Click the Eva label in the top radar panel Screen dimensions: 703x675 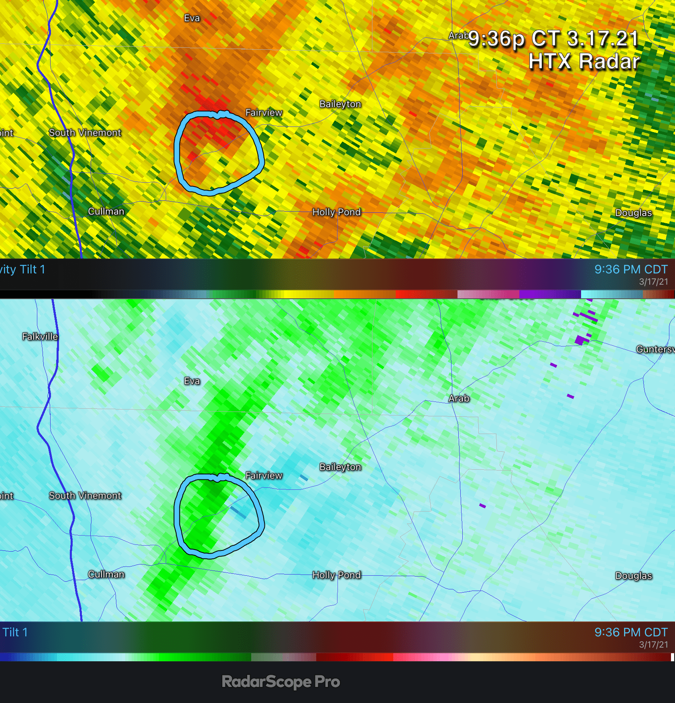point(192,18)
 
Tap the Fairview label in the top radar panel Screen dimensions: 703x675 point(264,112)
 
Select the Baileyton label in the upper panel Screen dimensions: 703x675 point(340,104)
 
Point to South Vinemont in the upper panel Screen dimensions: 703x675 point(85,132)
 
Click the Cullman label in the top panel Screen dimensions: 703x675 point(106,211)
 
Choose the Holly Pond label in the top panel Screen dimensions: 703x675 point(336,212)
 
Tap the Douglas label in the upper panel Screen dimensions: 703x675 point(633,213)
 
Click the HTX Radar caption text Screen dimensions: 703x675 point(584,62)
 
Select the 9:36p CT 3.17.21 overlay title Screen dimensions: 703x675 point(553,39)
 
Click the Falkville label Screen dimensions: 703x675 point(40,336)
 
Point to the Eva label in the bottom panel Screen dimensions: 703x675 point(192,381)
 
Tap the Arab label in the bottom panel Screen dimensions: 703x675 point(459,398)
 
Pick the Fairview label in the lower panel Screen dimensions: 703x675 point(264,475)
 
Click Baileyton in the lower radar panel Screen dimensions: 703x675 point(340,467)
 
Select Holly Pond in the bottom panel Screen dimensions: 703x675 point(336,575)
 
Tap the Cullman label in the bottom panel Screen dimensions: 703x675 point(106,574)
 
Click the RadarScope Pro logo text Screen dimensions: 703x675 point(281,681)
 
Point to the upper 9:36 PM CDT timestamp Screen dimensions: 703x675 point(631,269)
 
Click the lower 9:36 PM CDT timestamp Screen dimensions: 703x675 point(631,632)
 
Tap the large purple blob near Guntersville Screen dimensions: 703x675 point(580,340)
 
